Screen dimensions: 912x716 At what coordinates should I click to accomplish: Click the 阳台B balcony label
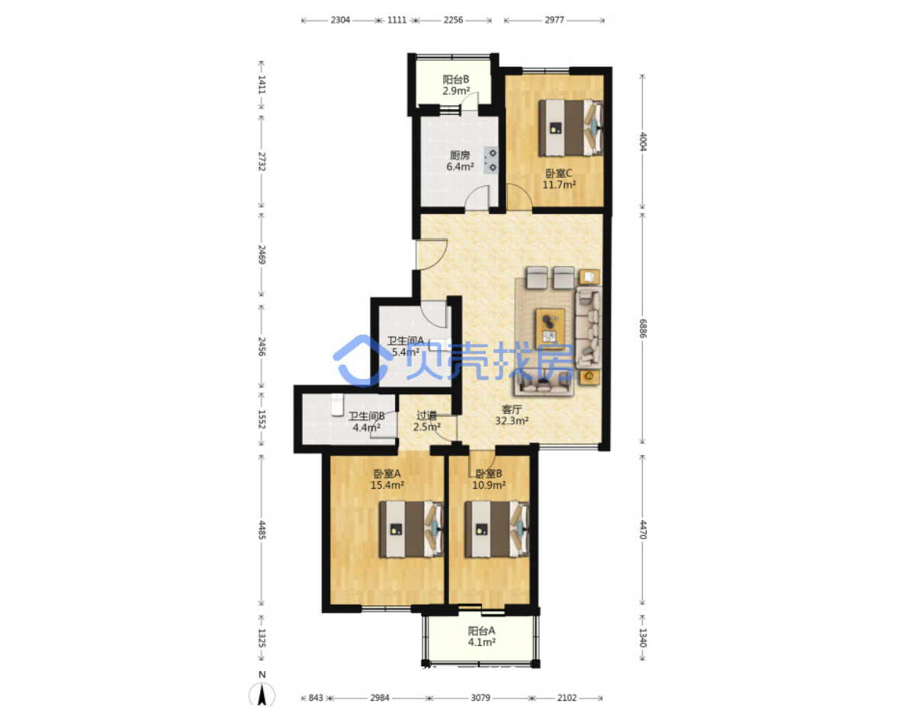456,85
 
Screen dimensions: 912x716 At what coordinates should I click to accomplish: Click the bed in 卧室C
571,128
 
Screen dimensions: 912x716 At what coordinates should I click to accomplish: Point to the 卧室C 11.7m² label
559,179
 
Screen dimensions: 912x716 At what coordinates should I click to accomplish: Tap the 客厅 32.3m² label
512,415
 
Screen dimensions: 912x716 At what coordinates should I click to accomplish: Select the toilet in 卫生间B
337,405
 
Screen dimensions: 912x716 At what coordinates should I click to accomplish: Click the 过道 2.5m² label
427,421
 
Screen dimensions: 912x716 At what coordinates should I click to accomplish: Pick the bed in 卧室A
411,529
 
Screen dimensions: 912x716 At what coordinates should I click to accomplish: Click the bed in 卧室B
496,529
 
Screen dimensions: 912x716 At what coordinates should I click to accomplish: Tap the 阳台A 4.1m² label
482,636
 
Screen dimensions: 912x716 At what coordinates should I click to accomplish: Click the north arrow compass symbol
262,693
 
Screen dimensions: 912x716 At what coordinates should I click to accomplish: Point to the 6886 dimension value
644,328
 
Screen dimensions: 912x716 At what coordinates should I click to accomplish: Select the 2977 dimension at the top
554,20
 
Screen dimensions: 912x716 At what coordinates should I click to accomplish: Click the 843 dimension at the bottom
316,698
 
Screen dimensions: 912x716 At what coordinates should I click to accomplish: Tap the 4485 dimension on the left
262,530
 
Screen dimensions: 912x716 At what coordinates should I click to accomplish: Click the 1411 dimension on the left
262,85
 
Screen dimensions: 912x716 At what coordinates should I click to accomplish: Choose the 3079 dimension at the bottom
480,698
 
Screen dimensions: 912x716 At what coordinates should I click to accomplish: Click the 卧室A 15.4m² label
387,480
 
